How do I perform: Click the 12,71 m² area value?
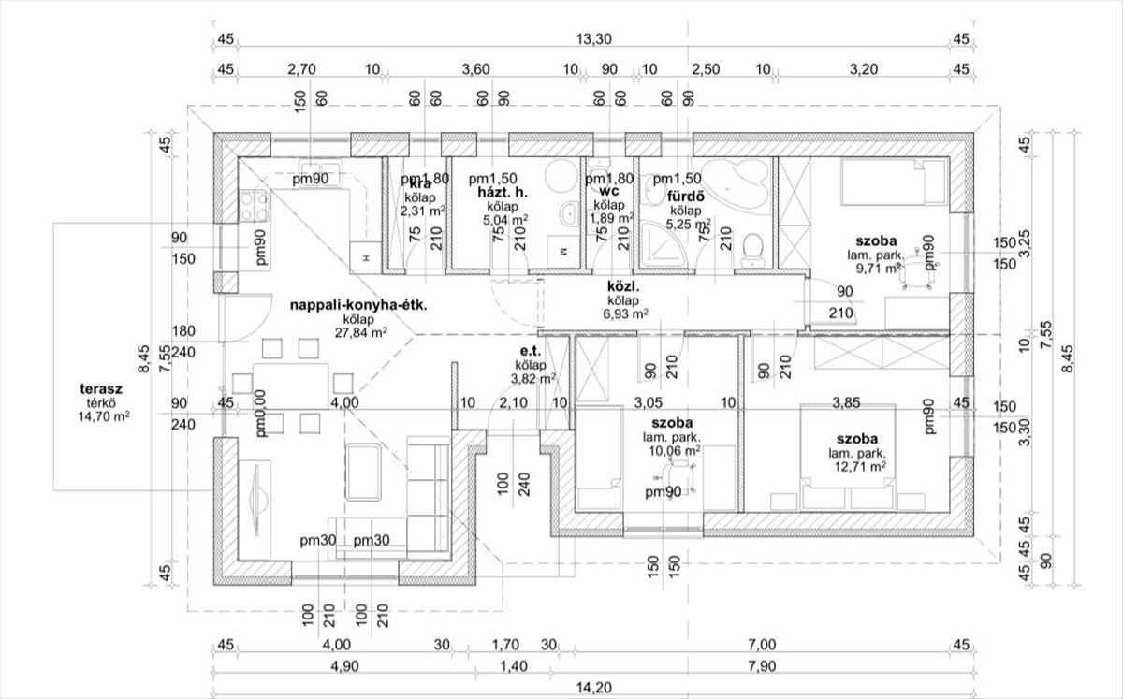click(856, 466)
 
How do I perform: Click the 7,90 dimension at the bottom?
click(763, 666)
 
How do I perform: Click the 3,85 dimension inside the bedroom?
click(853, 403)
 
